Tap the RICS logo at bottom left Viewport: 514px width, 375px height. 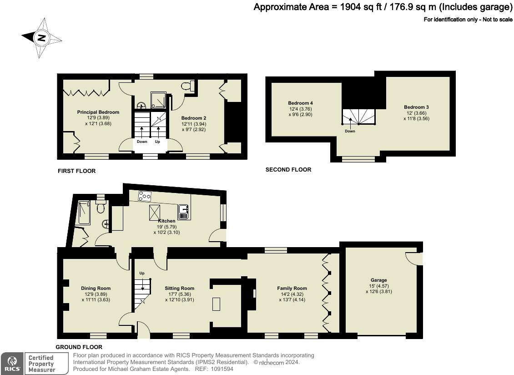coord(12,364)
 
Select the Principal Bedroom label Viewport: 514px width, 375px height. coord(98,112)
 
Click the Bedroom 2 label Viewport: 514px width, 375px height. coord(194,118)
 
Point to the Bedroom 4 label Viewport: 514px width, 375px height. coord(300,103)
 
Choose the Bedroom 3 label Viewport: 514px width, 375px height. coord(416,107)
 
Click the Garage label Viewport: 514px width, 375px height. coord(378,280)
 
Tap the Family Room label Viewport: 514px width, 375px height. coord(292,289)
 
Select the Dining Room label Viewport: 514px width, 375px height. coord(96,289)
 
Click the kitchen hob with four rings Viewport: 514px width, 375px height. coord(145,196)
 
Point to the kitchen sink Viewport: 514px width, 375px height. coord(183,212)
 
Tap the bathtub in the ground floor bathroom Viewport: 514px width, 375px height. coord(84,213)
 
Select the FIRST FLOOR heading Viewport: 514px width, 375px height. coord(77,171)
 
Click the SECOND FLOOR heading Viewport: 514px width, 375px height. coord(288,170)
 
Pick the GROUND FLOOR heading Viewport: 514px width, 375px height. coord(79,347)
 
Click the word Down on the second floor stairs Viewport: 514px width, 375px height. coord(350,131)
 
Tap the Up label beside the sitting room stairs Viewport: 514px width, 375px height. coord(142,274)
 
